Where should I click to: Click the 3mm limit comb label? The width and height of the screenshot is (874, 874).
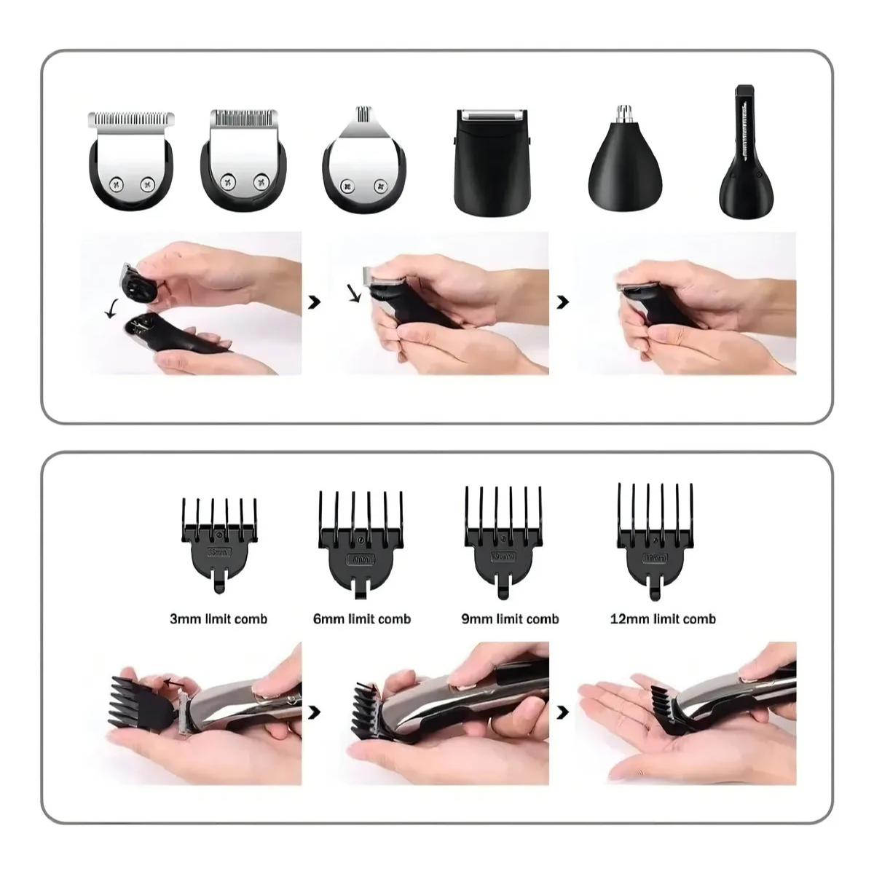pos(219,619)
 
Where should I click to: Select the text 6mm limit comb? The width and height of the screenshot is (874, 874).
pos(362,619)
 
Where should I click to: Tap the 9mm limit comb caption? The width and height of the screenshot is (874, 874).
pos(510,619)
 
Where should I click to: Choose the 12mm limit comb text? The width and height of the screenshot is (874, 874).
pos(663,619)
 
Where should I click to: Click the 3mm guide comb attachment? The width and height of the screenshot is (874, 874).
pos(219,539)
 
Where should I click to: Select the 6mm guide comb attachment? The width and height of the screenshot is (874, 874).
pos(361,539)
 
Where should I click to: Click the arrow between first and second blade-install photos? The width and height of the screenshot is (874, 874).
pos(315,302)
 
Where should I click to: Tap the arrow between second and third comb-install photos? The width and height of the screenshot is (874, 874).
pos(562,712)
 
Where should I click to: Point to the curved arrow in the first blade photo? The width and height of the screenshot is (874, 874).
pos(111,310)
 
